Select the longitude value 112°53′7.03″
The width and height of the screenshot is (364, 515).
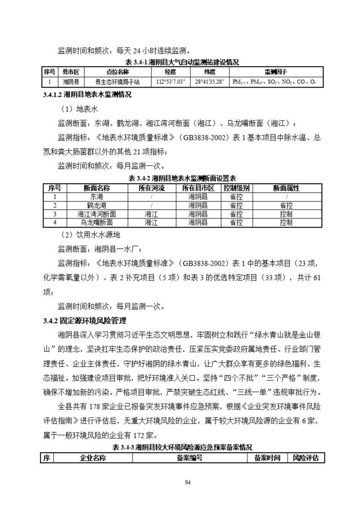click(x=170, y=82)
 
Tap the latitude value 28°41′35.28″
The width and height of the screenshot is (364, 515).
click(x=209, y=82)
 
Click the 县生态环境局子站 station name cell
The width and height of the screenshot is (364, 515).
click(x=117, y=82)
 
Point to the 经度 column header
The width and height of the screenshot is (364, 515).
click(x=170, y=72)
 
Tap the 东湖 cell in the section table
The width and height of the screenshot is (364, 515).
click(x=96, y=196)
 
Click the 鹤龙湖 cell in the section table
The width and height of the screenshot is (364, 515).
click(x=96, y=205)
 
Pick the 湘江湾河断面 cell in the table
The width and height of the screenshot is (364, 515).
click(x=96, y=214)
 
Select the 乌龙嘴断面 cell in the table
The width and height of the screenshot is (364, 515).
click(x=96, y=223)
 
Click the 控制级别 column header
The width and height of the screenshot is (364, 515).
click(x=236, y=188)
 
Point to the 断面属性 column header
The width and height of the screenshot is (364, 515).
click(x=286, y=188)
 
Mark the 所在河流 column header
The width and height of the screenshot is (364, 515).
click(x=151, y=188)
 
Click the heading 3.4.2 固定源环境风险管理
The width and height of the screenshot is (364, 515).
click(x=84, y=320)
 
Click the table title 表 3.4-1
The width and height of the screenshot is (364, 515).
click(x=182, y=62)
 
